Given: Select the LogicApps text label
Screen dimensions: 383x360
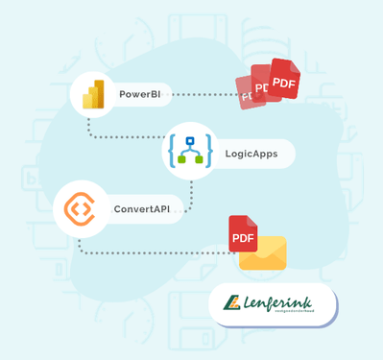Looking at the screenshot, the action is pyautogui.click(x=251, y=152).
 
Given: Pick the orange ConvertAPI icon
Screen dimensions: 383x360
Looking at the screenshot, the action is pyautogui.click(x=80, y=208).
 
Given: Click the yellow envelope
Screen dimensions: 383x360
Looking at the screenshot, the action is pyautogui.click(x=263, y=252).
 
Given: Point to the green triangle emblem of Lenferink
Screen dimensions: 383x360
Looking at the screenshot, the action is pyautogui.click(x=231, y=305).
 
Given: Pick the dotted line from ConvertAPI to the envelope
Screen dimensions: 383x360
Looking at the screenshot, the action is pyautogui.click(x=154, y=252).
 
